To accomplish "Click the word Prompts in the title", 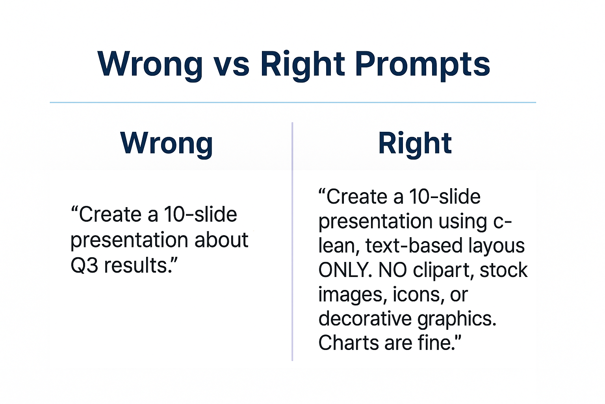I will click(422, 64).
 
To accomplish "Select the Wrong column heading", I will click(167, 143).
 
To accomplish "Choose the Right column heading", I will click(415, 143).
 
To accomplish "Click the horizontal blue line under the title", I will click(293, 102).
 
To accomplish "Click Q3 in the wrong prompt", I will click(84, 266).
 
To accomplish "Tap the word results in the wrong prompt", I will click(136, 266).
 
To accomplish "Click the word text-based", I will click(414, 246).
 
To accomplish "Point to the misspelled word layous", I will click(497, 246).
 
